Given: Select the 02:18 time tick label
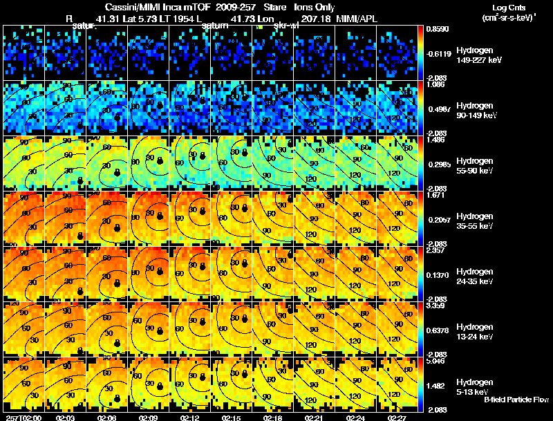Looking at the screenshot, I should click(273, 418).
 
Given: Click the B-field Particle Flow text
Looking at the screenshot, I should click(516, 400).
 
